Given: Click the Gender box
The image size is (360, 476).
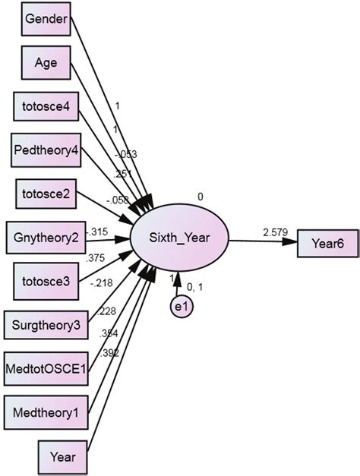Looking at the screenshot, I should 46,17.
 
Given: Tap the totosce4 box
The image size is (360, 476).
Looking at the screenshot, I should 46,106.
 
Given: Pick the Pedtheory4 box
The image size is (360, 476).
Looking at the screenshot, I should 46,150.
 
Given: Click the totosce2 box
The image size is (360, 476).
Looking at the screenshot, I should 46,194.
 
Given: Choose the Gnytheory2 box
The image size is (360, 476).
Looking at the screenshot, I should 46,238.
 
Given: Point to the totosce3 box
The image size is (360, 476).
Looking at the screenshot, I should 46,282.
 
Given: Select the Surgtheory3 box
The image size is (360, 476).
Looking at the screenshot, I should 46,326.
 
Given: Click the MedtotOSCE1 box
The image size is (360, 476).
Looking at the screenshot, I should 46,370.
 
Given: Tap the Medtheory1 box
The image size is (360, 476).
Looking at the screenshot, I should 46,414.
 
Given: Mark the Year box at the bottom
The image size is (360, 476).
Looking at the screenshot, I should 64,458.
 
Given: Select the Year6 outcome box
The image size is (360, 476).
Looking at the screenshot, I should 333,243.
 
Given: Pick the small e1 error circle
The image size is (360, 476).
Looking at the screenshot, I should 179,307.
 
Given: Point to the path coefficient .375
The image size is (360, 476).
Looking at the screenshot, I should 96,257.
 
